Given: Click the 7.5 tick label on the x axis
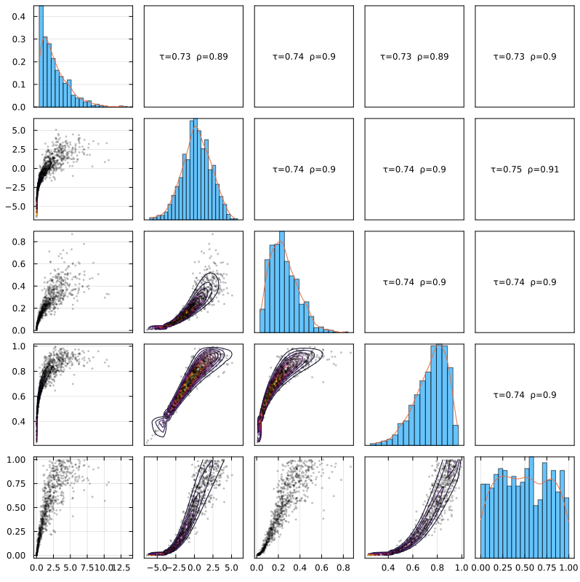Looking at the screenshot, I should (x=87, y=565).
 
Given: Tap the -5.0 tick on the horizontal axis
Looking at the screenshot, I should (x=157, y=565).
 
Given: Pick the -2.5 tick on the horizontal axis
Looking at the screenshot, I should (x=175, y=565).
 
